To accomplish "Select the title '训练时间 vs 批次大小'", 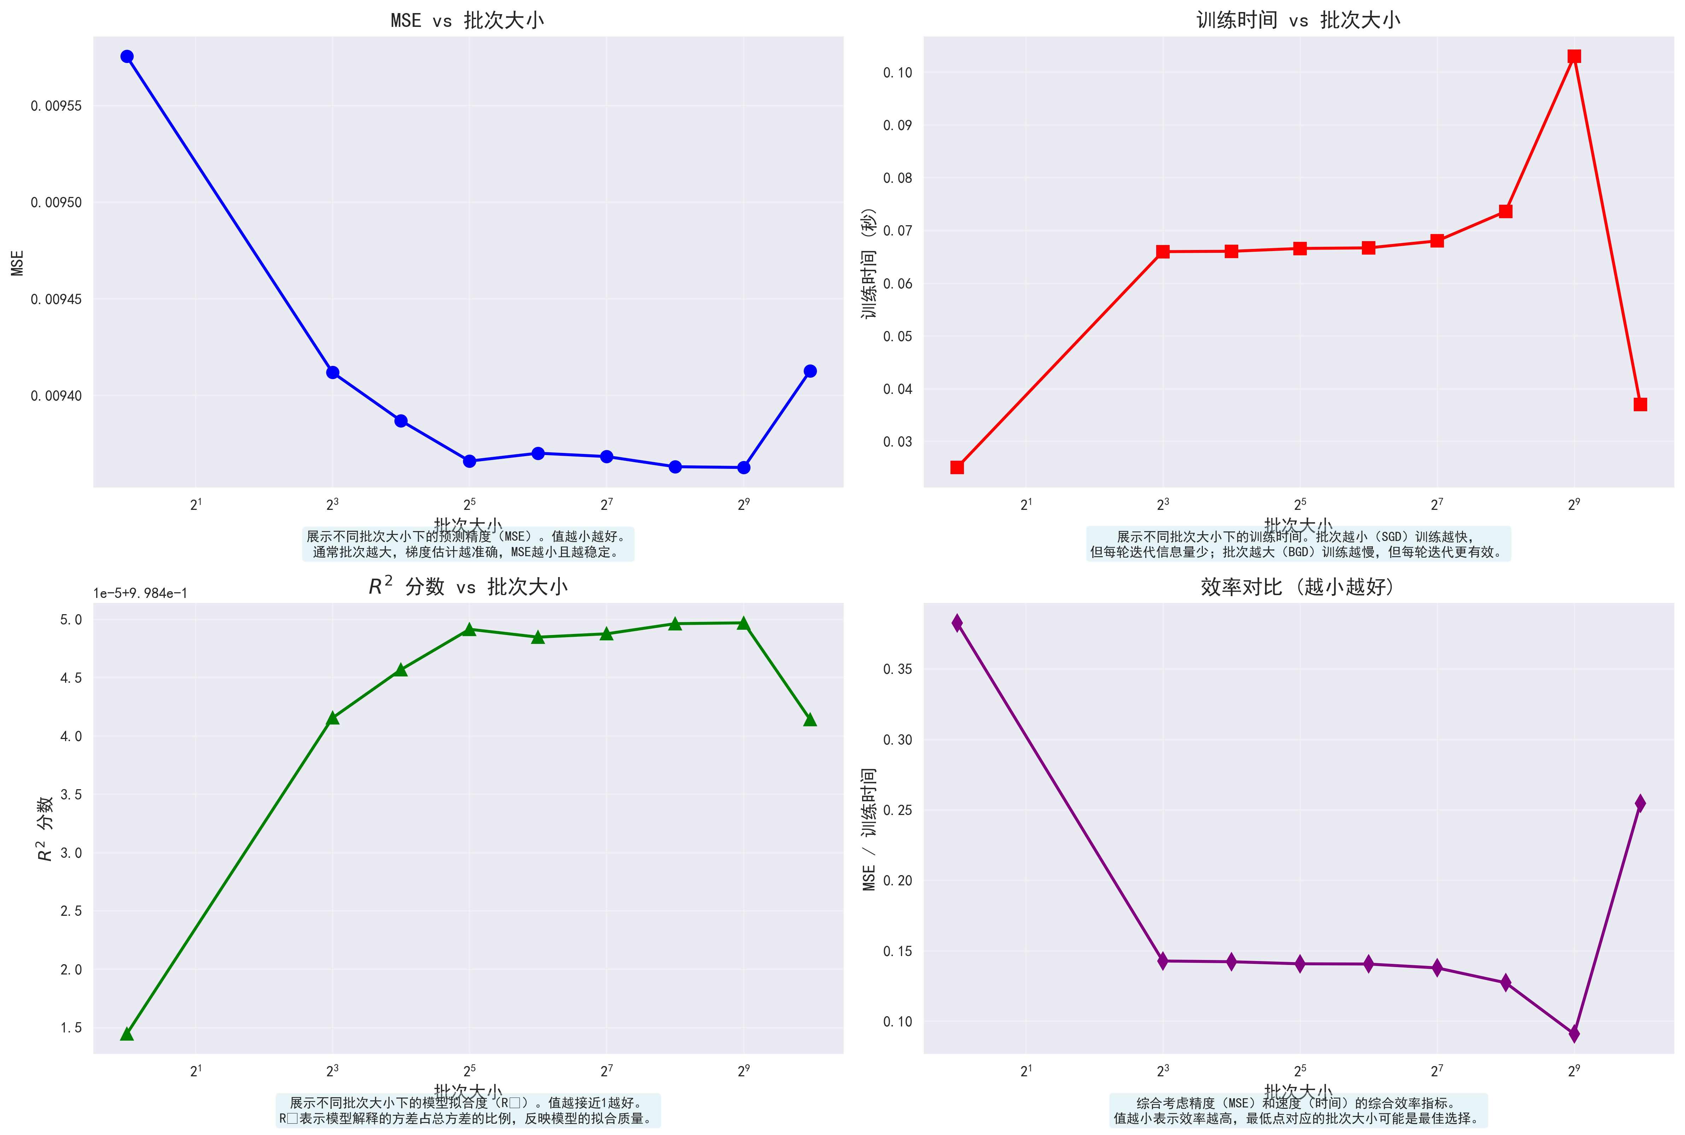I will (1298, 20).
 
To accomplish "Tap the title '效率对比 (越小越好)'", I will (1298, 586).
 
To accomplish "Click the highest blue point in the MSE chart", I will (127, 57).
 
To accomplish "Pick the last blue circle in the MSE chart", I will (810, 371).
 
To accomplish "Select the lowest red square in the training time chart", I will (957, 467).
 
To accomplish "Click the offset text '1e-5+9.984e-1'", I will (140, 594).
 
